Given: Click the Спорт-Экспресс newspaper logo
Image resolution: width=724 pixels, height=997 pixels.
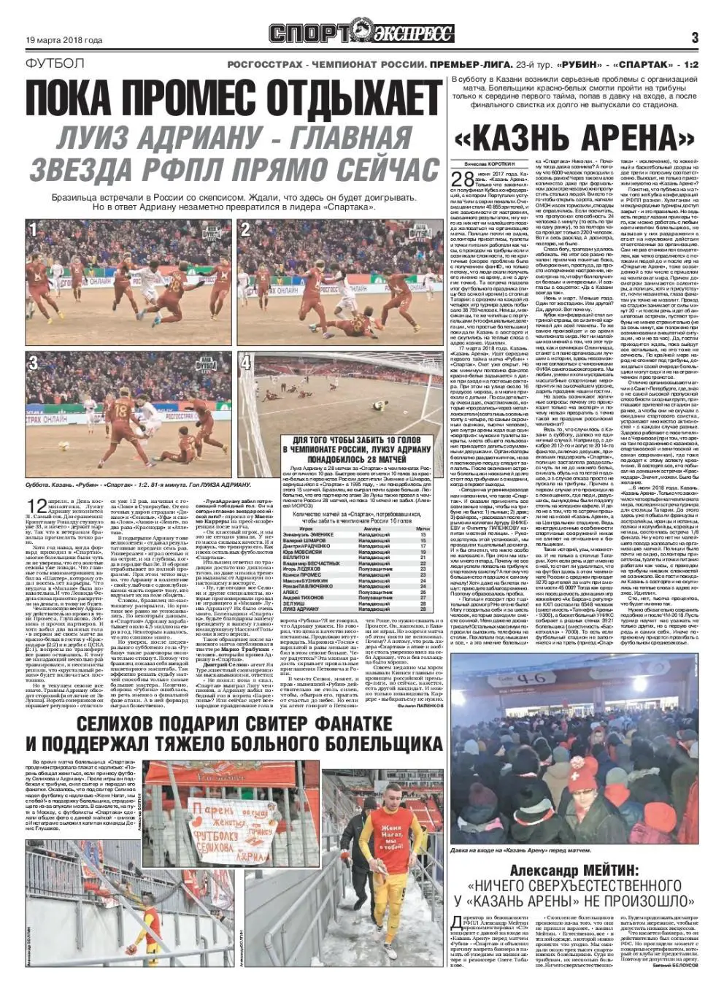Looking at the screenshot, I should tap(361, 34).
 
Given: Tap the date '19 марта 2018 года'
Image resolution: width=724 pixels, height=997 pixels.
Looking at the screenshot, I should tap(64, 40).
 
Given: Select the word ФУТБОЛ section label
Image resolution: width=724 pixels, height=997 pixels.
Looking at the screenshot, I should tap(54, 64).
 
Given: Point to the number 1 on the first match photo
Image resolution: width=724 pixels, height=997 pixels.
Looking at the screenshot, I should tap(34, 231).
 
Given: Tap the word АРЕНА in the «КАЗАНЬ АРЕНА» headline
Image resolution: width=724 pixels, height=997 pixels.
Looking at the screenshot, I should tap(633, 136).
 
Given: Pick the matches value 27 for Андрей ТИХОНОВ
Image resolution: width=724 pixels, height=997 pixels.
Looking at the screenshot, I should tap(422, 598).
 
